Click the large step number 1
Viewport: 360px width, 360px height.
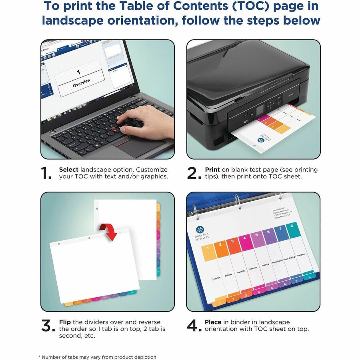click(46, 173)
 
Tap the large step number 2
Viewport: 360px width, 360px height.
click(194, 173)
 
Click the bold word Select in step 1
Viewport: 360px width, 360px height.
click(69, 170)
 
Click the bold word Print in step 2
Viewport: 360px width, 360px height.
click(212, 170)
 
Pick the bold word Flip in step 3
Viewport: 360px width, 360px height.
click(65, 322)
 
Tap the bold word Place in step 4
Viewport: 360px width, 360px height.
click(213, 322)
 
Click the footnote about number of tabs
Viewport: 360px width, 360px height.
click(97, 357)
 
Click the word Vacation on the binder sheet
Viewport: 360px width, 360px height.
click(301, 255)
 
